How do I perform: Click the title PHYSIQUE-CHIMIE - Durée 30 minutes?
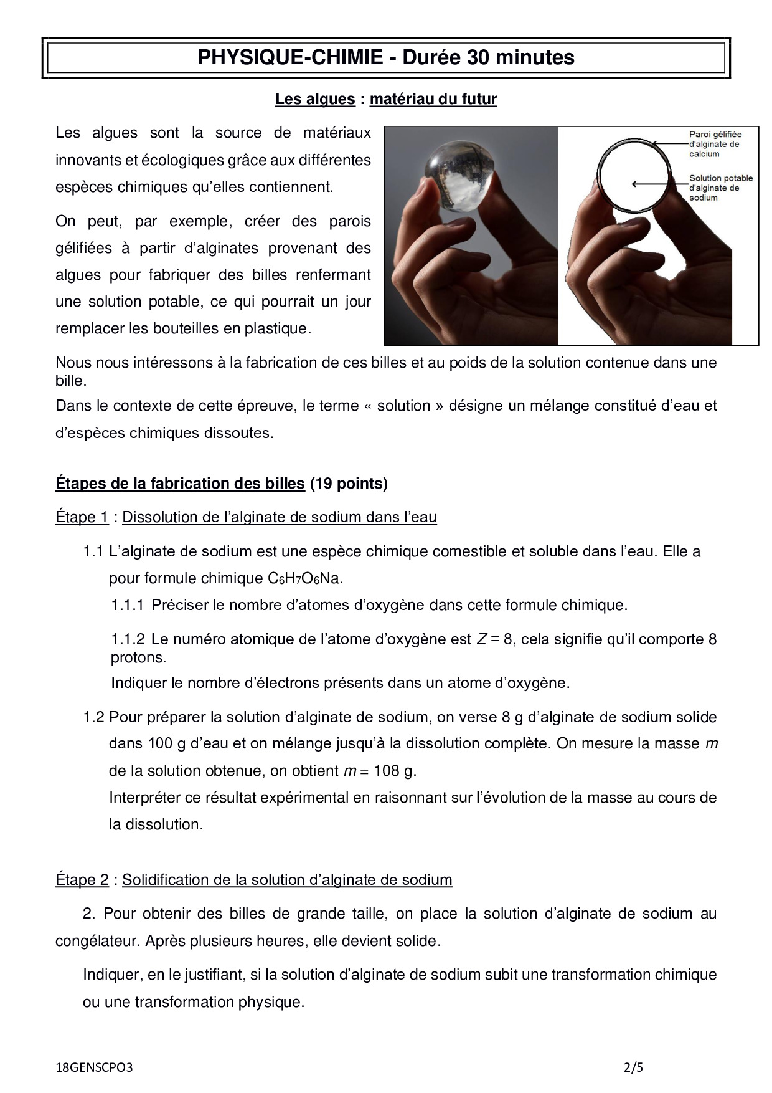click(386, 58)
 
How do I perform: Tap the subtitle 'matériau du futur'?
click(433, 99)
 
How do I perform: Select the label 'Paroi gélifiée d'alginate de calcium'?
click(715, 144)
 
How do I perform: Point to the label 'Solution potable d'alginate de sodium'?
click(720, 188)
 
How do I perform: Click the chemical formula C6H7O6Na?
click(305, 578)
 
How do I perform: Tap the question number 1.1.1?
click(128, 605)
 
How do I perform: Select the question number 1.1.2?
click(128, 639)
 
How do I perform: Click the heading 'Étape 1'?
click(82, 517)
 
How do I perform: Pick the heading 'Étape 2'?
click(82, 880)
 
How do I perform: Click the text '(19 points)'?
click(349, 484)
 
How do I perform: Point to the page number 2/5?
click(633, 1067)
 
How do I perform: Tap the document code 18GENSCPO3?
click(94, 1067)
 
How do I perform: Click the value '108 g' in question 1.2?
click(394, 771)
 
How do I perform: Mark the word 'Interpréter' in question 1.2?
click(147, 798)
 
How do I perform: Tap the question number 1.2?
click(93, 717)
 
